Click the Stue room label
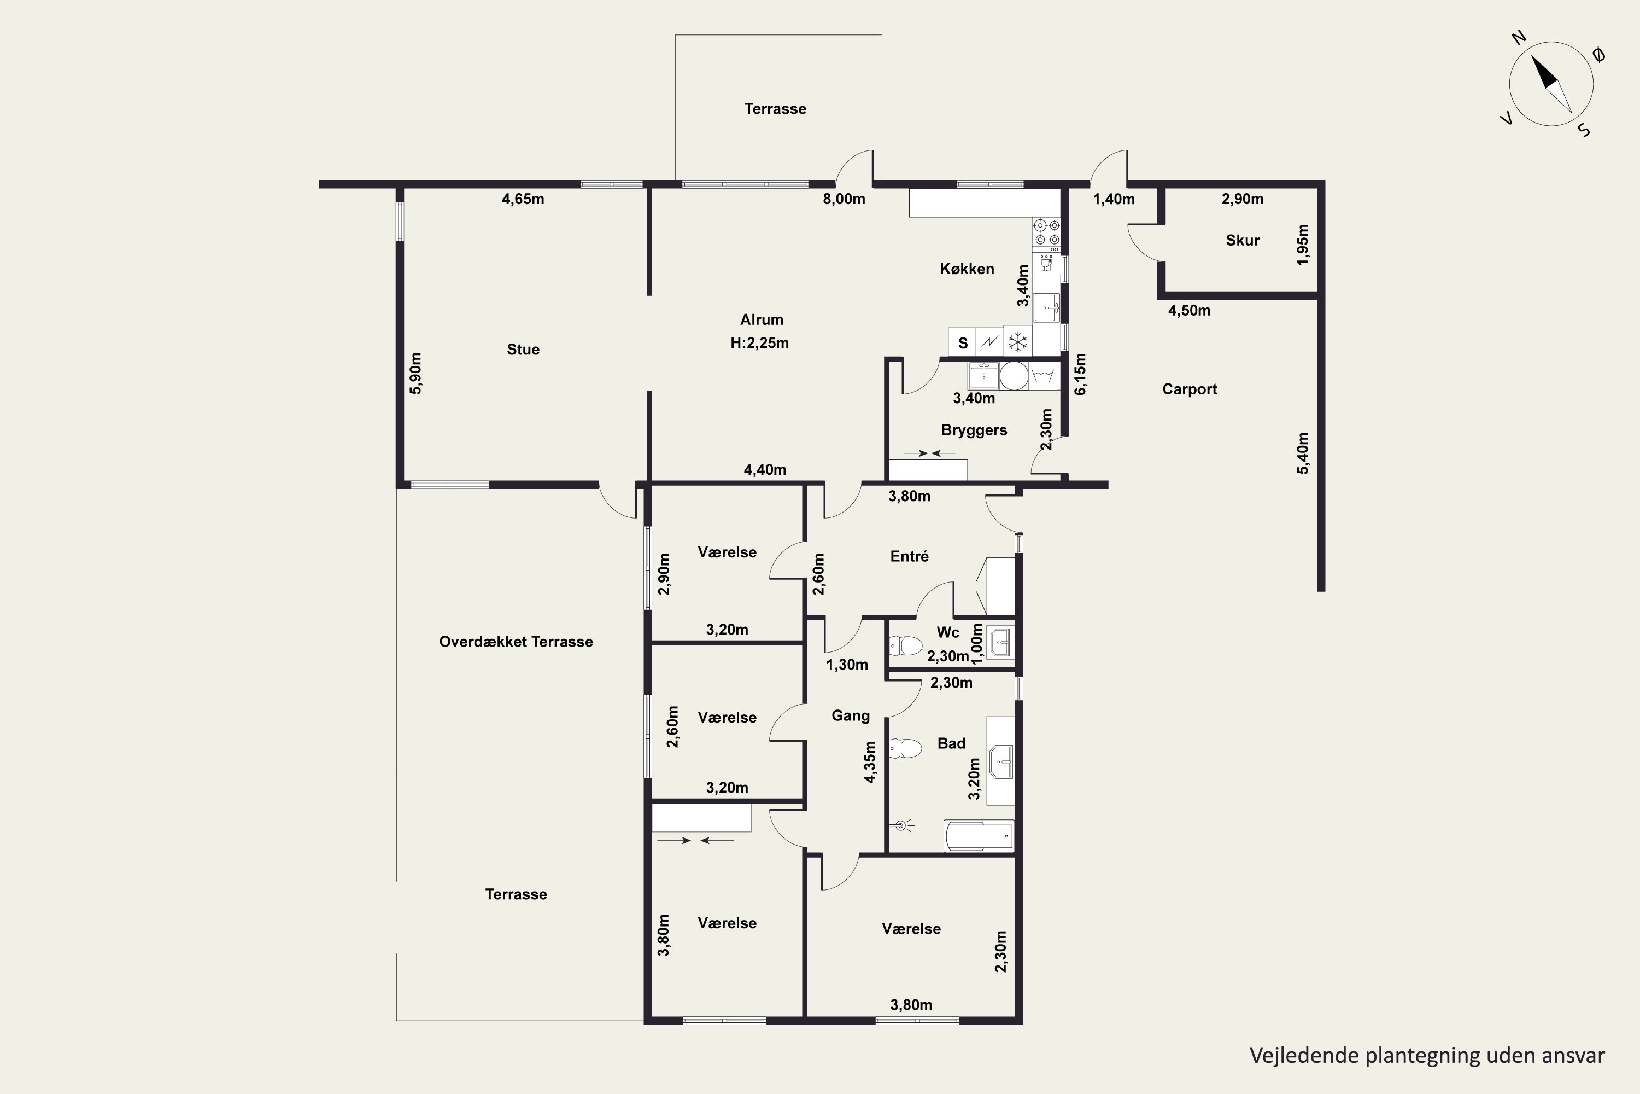coord(523,350)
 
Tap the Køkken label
coord(967,269)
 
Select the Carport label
coord(1190,389)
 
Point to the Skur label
coord(1243,240)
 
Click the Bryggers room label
coord(974,430)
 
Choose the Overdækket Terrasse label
coord(516,642)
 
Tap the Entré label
coord(909,556)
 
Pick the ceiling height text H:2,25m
coord(759,342)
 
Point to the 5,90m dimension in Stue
coord(415,373)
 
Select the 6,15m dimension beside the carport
coord(1080,374)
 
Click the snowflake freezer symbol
coord(1018,342)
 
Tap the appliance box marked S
coord(962,342)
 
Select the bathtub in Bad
coord(979,836)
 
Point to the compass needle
coord(1551,84)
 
